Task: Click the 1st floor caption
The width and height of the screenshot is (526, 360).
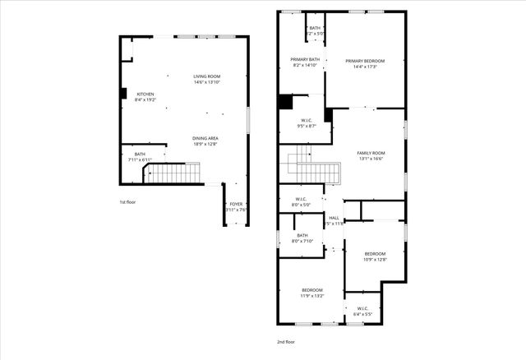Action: pyautogui.click(x=127, y=202)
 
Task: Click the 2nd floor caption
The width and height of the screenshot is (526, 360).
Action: pyautogui.click(x=285, y=342)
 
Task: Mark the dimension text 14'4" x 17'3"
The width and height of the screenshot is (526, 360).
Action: pyautogui.click(x=366, y=66)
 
